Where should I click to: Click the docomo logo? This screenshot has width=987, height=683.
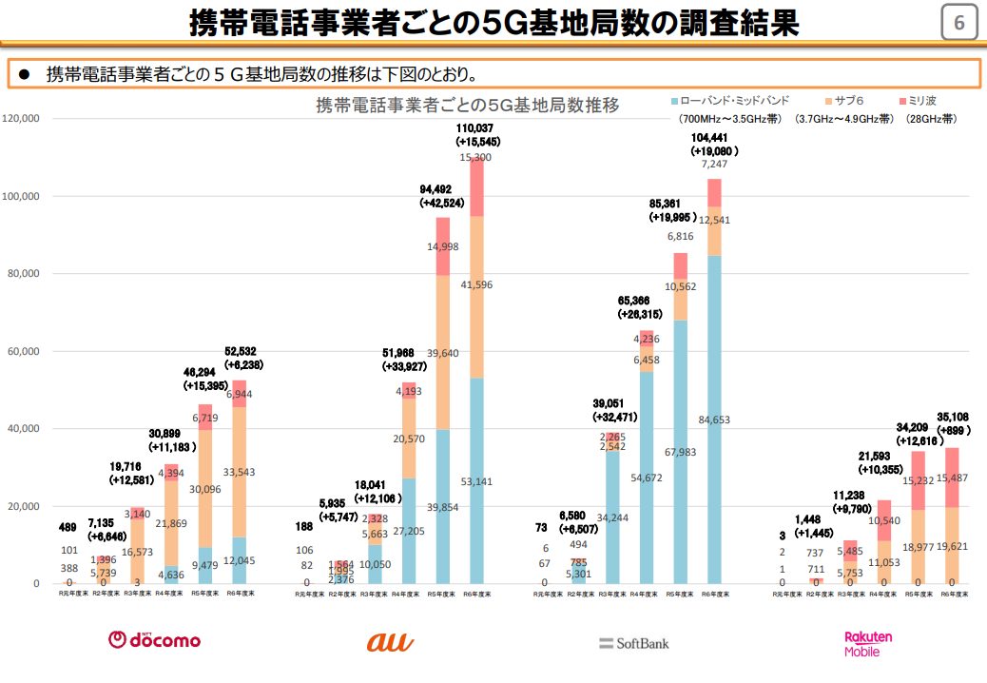pos(154,640)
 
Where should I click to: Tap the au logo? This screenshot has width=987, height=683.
pos(390,642)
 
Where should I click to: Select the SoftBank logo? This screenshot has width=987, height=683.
pos(634,643)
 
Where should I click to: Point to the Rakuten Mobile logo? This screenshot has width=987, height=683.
pos(868,643)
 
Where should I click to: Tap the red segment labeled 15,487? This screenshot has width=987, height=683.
pos(952,478)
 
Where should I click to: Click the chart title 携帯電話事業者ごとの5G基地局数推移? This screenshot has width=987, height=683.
pos(468,106)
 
